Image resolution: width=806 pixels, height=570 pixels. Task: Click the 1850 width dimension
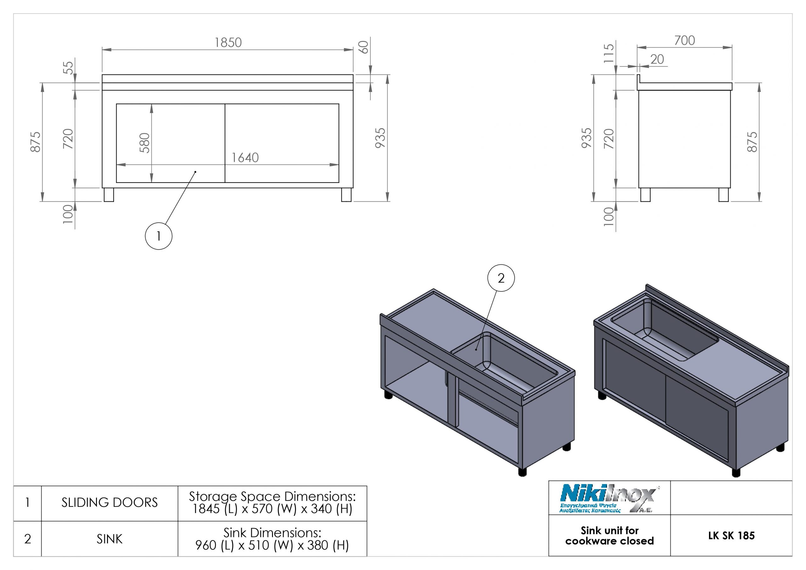228,43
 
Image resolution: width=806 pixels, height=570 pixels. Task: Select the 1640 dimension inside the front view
245,158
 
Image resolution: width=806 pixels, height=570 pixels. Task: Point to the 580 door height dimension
145,143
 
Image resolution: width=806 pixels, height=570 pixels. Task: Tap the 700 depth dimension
684,41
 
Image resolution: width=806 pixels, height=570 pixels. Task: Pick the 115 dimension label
609,53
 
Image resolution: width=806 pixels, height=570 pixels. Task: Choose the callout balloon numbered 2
501,278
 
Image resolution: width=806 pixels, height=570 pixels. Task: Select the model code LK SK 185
731,536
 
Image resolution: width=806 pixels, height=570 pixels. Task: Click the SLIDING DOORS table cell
110,503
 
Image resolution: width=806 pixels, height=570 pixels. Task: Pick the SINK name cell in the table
110,539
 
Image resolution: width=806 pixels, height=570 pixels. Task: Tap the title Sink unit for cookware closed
610,536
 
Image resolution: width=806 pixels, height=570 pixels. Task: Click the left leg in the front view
109,195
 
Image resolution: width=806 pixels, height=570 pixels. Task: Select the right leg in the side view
723,195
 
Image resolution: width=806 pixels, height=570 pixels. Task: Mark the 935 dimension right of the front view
380,138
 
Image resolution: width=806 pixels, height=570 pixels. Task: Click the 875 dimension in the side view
752,142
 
